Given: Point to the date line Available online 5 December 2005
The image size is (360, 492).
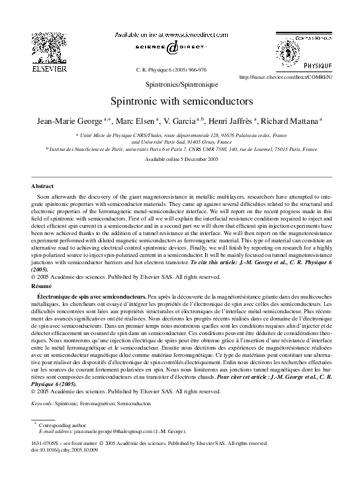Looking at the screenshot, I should pos(180,160).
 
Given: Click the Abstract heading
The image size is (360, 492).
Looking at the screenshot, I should pos(43,187).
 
